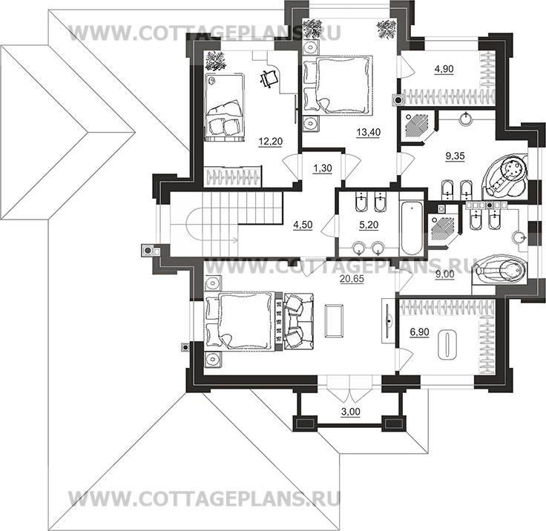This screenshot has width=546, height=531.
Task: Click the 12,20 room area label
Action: pos(271,142)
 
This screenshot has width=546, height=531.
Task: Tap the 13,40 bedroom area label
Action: pos(369,132)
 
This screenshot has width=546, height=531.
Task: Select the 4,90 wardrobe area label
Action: pos(444,69)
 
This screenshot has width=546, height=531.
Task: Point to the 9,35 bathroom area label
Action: pos(455,156)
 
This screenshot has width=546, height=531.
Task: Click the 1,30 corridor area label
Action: pos(323,168)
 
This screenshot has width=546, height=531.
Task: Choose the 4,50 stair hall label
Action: pos(303,225)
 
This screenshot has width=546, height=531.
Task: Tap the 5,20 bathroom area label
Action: pos(369,225)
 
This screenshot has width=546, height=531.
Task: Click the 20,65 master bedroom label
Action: pos(352,278)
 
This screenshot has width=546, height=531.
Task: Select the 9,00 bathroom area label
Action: pos(445,274)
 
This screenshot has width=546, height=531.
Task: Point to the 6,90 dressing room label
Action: pos(419,332)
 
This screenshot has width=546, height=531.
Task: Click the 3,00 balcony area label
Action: pos(350,412)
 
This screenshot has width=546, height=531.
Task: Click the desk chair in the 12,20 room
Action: pos(269,79)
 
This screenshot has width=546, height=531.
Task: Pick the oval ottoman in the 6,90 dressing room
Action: pos(447,345)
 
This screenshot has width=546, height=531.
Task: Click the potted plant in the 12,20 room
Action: pos(215,61)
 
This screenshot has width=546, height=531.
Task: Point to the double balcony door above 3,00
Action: pos(349,388)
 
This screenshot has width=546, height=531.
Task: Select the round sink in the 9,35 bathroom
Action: pos(467,119)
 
